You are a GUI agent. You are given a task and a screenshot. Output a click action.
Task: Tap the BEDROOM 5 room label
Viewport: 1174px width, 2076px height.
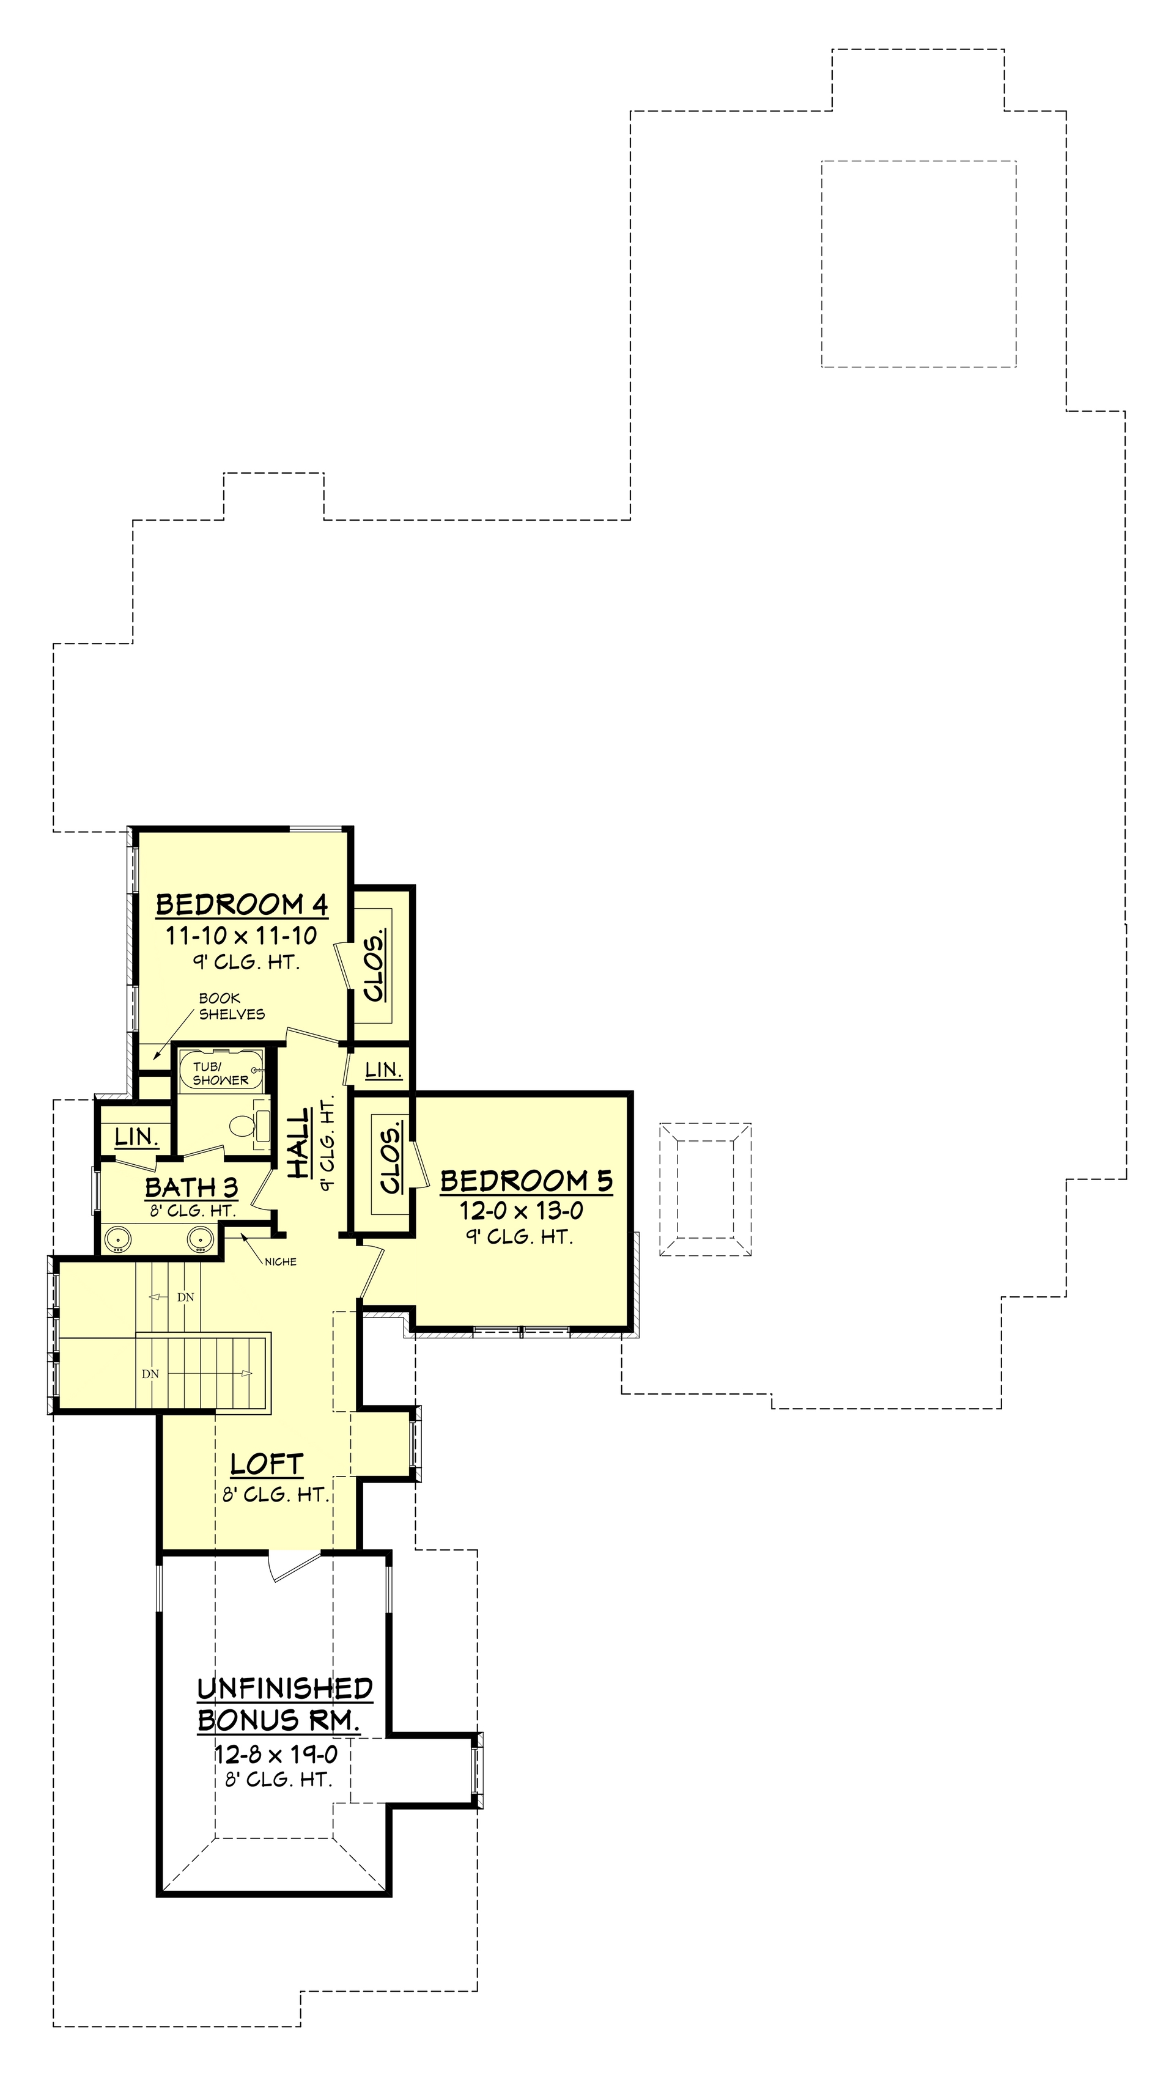pyautogui.click(x=526, y=1181)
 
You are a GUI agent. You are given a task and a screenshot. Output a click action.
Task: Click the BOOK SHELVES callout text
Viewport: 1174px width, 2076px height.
pyautogui.click(x=231, y=1006)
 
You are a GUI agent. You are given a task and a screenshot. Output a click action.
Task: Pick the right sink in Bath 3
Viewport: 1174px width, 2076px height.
pyautogui.click(x=199, y=1239)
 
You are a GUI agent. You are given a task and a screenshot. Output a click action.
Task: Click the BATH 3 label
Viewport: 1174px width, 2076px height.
pyautogui.click(x=191, y=1187)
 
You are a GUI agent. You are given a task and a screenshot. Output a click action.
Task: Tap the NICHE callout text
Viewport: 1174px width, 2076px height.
pyautogui.click(x=280, y=1262)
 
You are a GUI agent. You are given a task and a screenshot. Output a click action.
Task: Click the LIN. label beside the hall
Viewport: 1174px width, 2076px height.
pyautogui.click(x=383, y=1069)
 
